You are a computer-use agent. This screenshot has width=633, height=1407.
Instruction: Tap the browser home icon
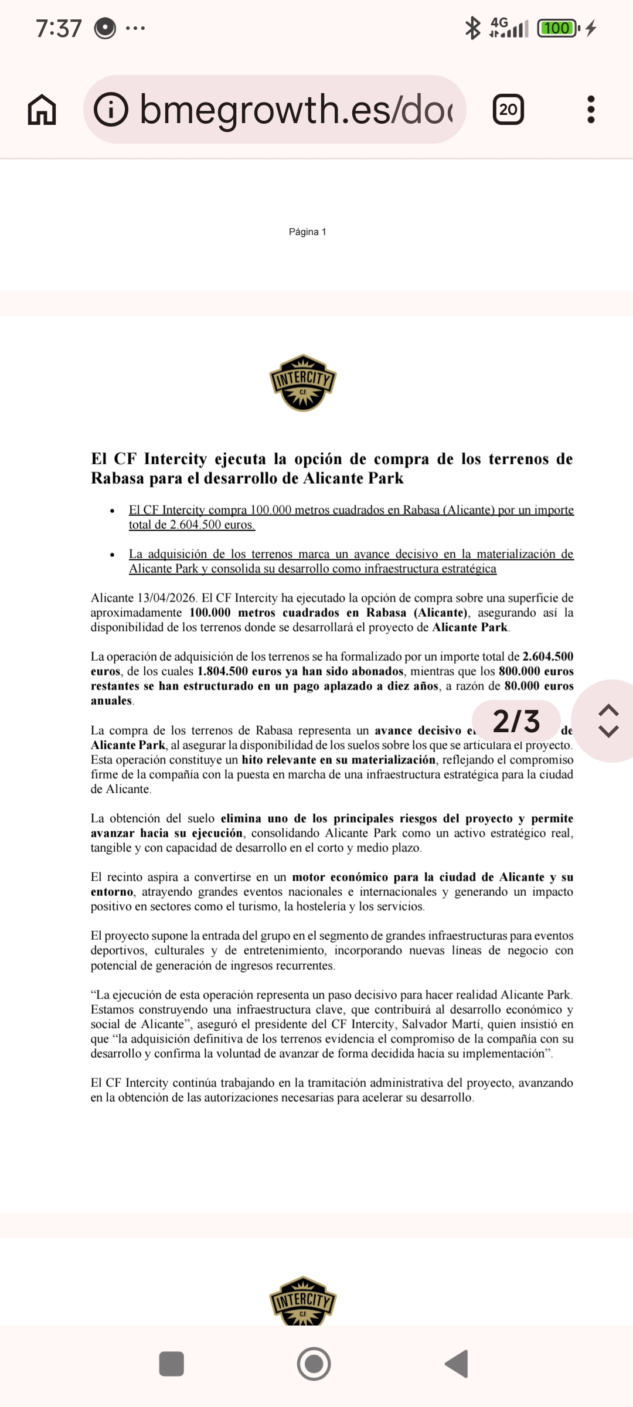[42, 110]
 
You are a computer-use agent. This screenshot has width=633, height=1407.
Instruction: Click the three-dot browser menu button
[591, 110]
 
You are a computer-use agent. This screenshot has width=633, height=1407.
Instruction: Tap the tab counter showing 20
[508, 110]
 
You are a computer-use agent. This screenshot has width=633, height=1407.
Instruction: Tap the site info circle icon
[111, 110]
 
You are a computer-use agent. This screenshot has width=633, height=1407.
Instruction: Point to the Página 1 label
[307, 232]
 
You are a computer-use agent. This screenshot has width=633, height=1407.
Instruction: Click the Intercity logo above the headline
[302, 383]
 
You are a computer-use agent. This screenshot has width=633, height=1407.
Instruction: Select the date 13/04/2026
[166, 599]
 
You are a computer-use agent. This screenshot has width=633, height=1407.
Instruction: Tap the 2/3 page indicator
[516, 721]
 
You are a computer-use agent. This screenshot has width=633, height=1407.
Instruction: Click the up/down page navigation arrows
[608, 721]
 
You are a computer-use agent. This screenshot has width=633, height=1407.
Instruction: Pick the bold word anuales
[111, 701]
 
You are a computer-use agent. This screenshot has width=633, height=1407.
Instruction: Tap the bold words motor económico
[340, 878]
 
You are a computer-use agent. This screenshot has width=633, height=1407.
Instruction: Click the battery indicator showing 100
[557, 28]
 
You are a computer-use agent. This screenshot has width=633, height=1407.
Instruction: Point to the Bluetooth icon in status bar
[472, 28]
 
